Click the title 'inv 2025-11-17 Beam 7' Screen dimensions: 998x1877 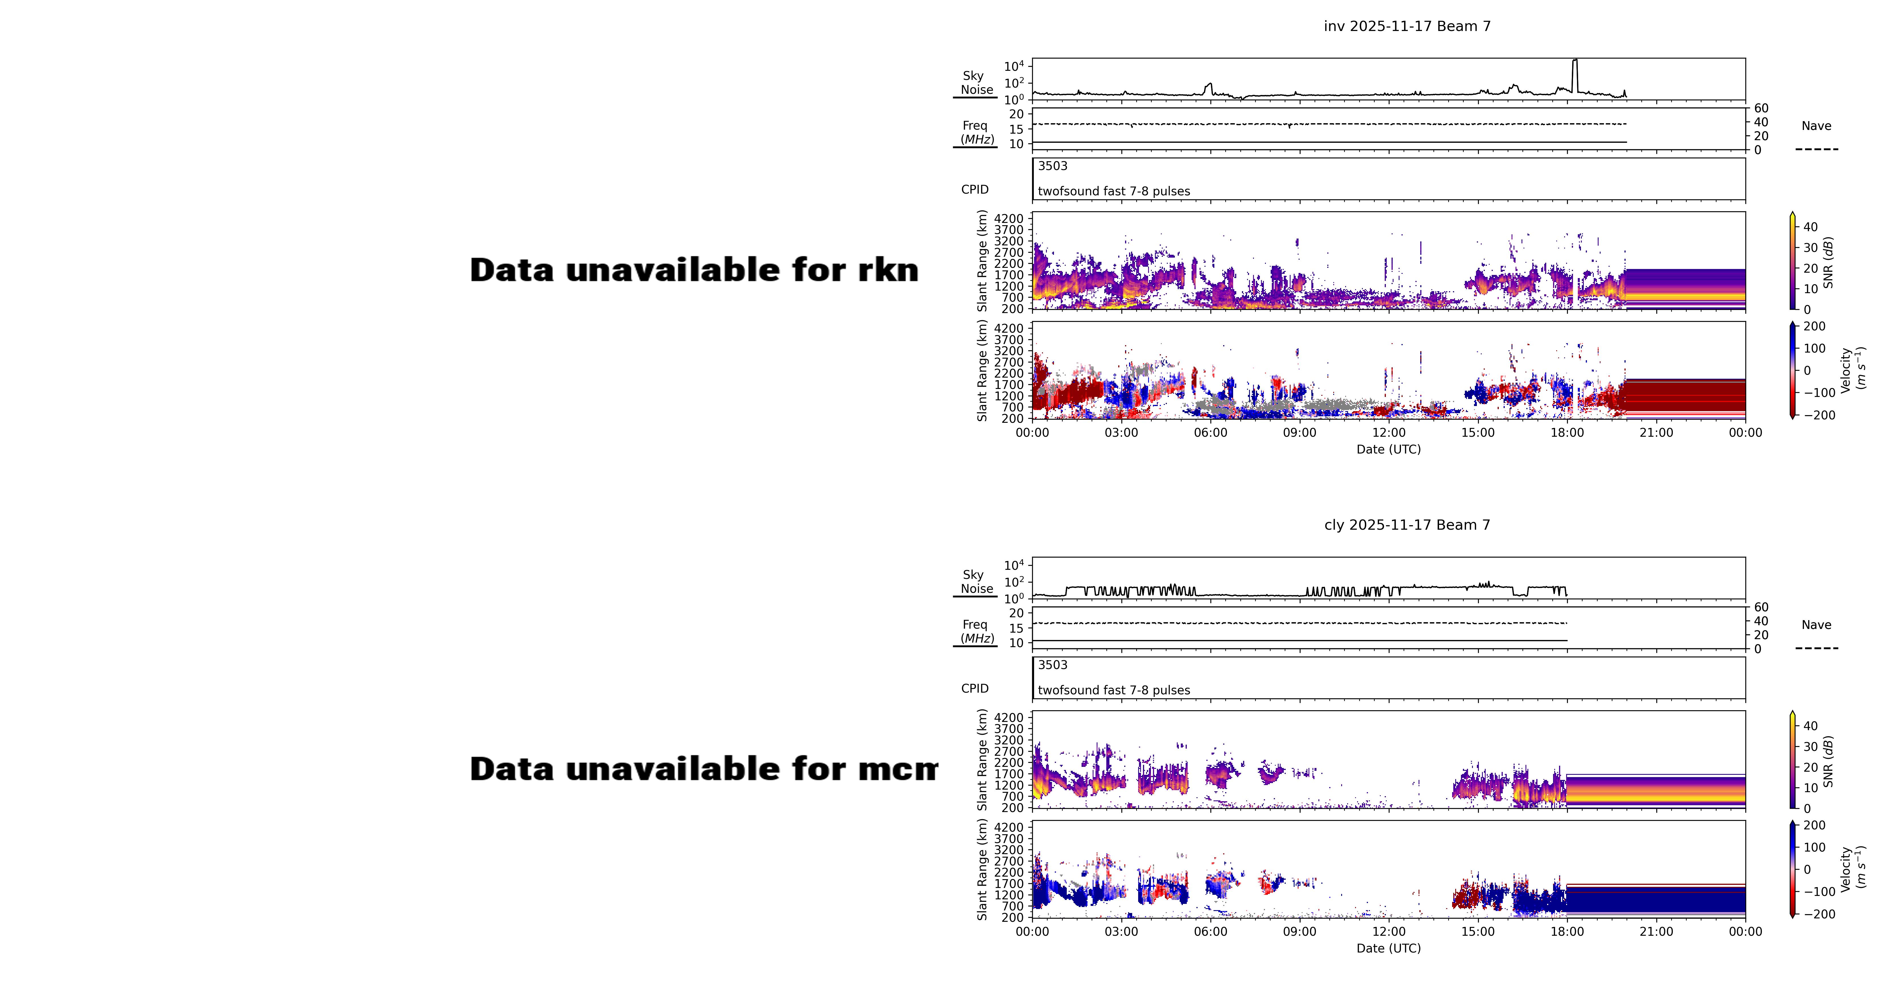tap(1407, 26)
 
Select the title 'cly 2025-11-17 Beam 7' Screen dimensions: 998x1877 tap(1407, 525)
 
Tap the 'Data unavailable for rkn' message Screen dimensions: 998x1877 tap(694, 270)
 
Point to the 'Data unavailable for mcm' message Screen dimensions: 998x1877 tap(703, 769)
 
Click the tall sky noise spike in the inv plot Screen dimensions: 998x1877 tap(1575, 73)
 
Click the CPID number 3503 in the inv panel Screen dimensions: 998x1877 tap(1052, 166)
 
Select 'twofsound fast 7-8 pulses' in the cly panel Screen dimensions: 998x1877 tap(1113, 690)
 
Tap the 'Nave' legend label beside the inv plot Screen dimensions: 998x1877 tap(1816, 126)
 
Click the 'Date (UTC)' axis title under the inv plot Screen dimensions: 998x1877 tap(1388, 450)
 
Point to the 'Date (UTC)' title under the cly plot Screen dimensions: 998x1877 tap(1388, 949)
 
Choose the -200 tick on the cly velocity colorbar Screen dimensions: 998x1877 tap(1819, 914)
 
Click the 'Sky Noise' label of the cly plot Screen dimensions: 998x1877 tap(976, 581)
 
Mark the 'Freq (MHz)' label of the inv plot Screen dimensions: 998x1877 tap(976, 132)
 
